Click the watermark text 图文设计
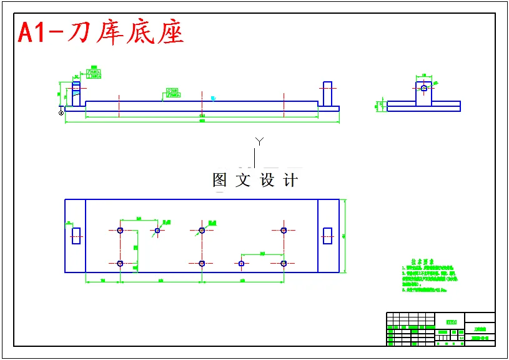coord(255,181)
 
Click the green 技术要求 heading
coord(422,262)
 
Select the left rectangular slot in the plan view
coord(76,236)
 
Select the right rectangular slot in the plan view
coord(327,236)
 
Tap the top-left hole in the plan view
coord(120,230)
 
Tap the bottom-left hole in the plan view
coord(120,263)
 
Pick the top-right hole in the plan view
coord(284,230)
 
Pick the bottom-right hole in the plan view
coord(284,263)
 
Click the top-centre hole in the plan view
coord(202,230)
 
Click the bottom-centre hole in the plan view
coord(202,263)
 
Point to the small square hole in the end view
coord(424,88)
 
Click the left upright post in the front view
coord(76,94)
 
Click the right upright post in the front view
coord(328,94)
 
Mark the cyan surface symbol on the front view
coord(213,98)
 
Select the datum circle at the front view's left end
coord(61,113)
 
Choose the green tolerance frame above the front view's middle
coord(172,93)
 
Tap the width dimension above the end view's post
coord(424,76)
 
